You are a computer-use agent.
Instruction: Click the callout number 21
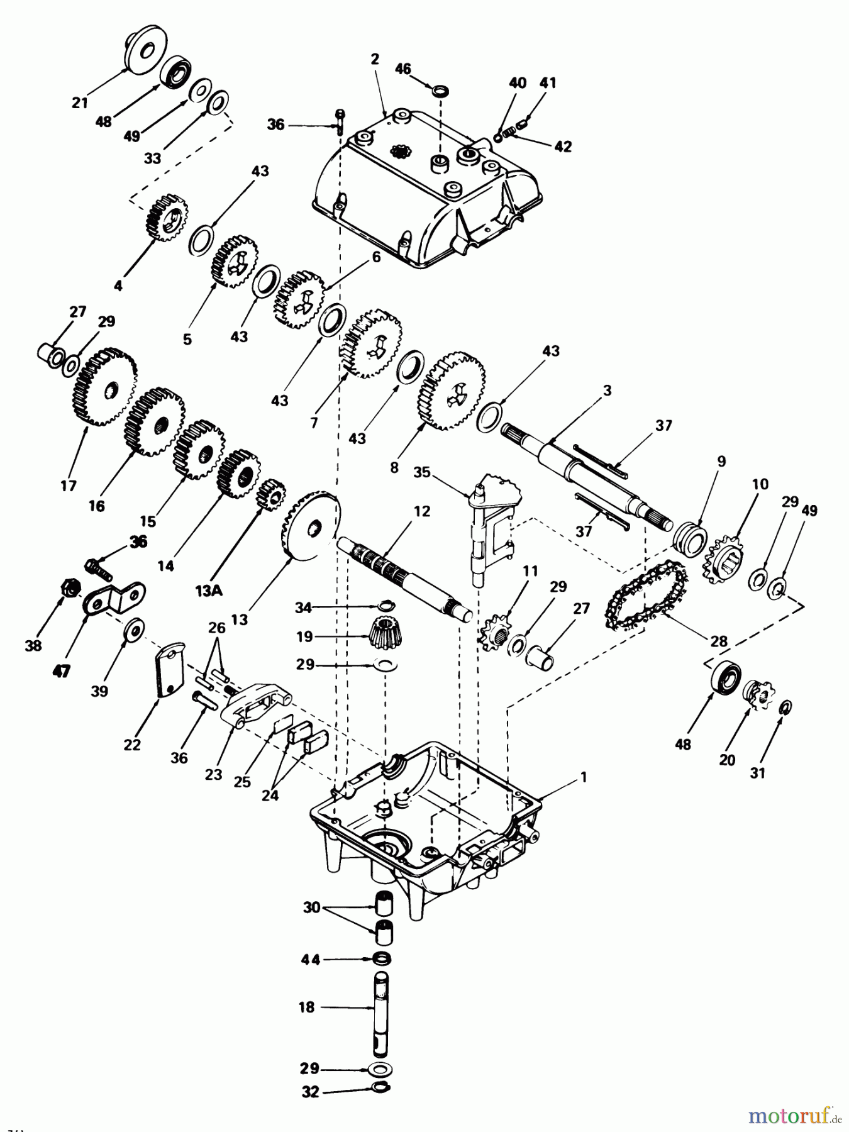pyautogui.click(x=80, y=102)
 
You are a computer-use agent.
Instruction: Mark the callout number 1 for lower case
pyautogui.click(x=583, y=778)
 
